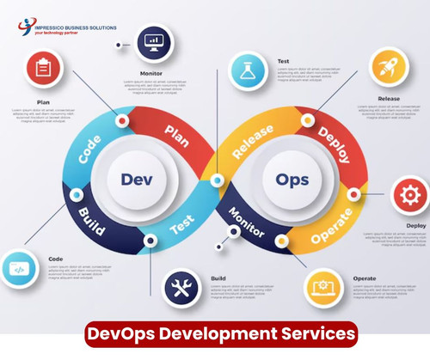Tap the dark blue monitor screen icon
[x=156, y=39]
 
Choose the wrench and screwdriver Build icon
[x=183, y=288]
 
